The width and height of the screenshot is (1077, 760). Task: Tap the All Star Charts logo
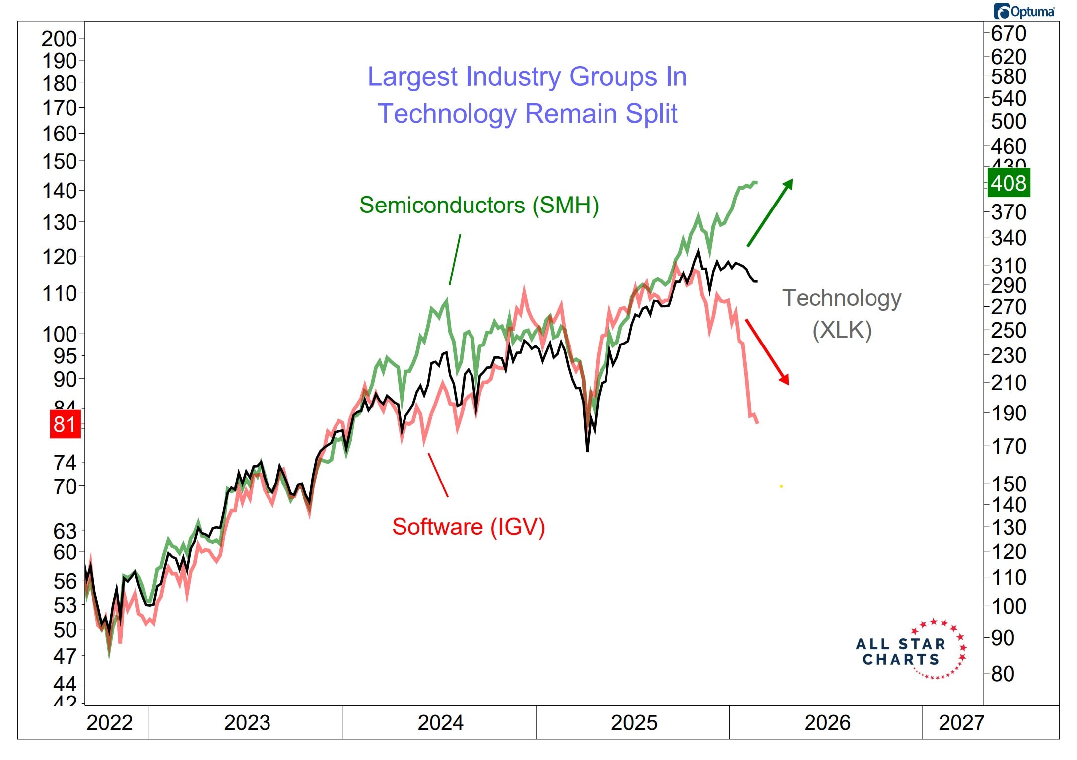click(x=911, y=650)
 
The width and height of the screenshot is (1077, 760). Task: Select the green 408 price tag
click(x=1009, y=183)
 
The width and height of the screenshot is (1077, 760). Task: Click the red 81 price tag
click(x=65, y=424)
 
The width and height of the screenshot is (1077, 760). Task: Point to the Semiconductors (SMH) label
click(x=479, y=205)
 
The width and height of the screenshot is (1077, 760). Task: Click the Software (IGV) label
click(x=469, y=527)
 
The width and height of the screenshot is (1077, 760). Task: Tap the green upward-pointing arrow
click(x=770, y=212)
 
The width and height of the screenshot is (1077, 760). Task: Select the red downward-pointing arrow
click(x=767, y=351)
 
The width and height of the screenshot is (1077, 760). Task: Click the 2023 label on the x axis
click(x=247, y=723)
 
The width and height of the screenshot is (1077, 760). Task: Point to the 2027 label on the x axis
click(x=961, y=723)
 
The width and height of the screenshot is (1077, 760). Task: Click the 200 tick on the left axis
click(x=59, y=39)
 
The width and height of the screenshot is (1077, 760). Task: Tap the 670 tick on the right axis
click(x=1009, y=33)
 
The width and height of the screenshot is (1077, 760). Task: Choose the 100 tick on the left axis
click(x=59, y=334)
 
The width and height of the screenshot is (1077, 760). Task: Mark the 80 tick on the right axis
click(x=1003, y=674)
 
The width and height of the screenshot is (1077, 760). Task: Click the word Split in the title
click(x=651, y=114)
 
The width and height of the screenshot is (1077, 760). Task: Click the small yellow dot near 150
click(x=781, y=486)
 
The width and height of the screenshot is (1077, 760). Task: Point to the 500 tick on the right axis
click(x=1009, y=121)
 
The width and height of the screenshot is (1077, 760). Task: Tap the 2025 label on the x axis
click(x=634, y=723)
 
